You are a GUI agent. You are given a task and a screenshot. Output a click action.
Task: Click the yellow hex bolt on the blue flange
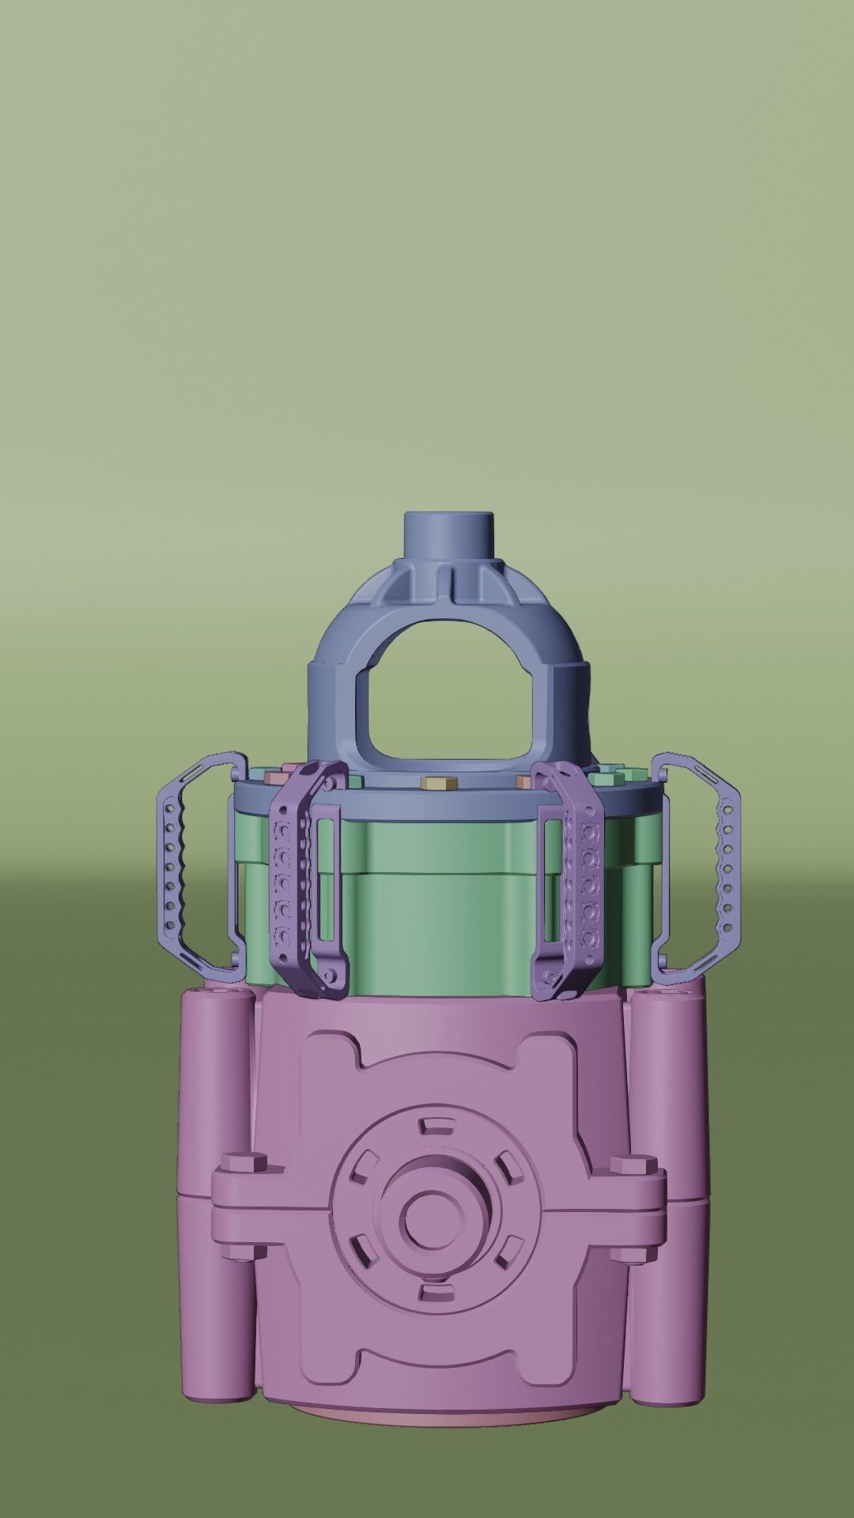434,783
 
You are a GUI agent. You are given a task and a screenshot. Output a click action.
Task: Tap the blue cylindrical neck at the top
448,534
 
